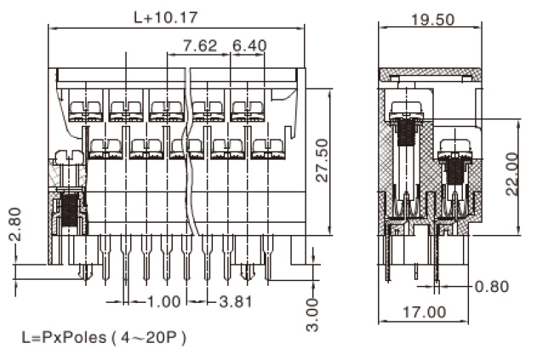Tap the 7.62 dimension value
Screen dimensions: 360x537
[200, 45]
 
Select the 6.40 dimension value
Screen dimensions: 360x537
[249, 45]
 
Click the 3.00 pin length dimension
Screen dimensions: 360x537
[313, 315]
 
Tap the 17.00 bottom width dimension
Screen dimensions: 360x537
[424, 312]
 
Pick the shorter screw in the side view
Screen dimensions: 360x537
[453, 166]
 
